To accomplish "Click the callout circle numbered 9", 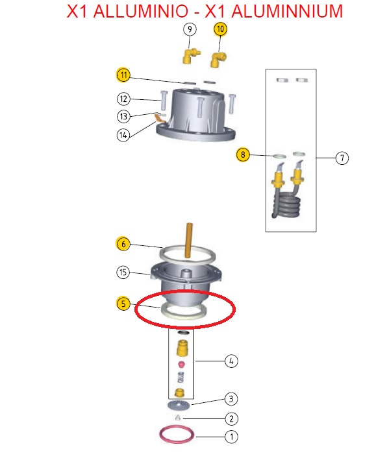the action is [190, 29].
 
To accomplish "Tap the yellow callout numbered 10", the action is [220, 29].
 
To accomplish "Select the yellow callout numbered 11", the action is [123, 75].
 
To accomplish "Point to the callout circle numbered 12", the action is [123, 99].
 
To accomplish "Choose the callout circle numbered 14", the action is [123, 135].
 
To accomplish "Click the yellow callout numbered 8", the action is [243, 154].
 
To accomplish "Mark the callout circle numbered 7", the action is [342, 158].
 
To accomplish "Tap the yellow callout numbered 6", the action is [123, 244].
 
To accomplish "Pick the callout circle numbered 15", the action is [123, 272].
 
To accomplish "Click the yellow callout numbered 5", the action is [123, 304].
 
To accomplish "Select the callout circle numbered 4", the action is [231, 361].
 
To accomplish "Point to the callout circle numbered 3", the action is [231, 399].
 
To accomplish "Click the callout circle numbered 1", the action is [231, 437].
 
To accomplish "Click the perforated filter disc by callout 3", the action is [179, 406].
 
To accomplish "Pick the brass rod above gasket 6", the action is [189, 240].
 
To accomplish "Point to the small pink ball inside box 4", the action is [181, 365].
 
